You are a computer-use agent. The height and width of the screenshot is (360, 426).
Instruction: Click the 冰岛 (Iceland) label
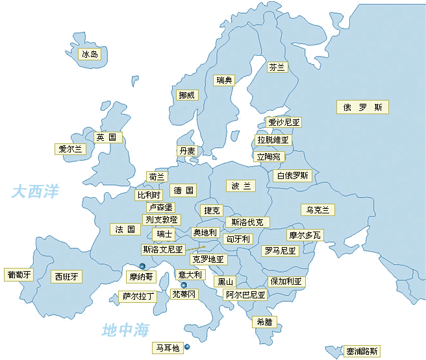[90, 54]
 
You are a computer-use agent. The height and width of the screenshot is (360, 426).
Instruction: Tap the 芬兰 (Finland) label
[277, 67]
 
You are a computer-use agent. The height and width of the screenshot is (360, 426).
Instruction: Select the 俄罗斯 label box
[362, 107]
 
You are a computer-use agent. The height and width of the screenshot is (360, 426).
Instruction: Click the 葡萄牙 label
[18, 275]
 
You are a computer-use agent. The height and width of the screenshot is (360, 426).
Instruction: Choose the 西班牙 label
[67, 277]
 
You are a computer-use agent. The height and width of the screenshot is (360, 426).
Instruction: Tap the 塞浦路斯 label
[361, 350]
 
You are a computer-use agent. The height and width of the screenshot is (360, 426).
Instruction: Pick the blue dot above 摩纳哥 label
[142, 266]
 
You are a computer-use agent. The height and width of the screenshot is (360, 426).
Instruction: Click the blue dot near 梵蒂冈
[184, 285]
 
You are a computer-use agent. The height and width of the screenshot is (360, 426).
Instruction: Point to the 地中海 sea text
[125, 330]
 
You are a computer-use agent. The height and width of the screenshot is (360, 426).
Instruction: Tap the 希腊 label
[264, 321]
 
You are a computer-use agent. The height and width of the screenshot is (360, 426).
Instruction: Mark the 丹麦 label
[187, 150]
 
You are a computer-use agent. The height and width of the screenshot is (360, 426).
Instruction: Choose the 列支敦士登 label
[162, 220]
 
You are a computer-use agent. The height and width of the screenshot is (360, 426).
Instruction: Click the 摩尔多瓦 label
[305, 235]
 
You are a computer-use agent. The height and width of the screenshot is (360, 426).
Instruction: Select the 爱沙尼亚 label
[284, 122]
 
